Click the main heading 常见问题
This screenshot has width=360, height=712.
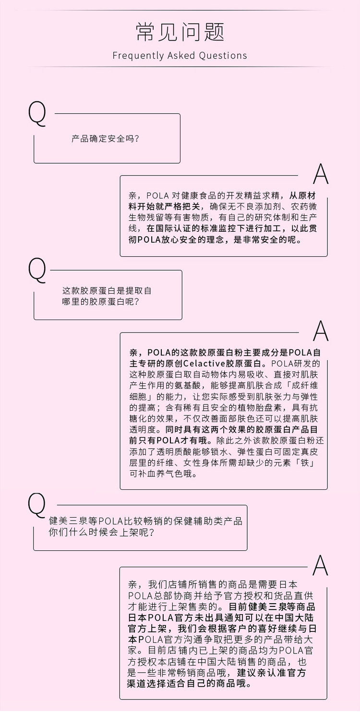tap(180, 33)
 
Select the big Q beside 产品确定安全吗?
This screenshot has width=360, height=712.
tap(37, 114)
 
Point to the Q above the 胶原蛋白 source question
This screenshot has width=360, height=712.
tap(37, 270)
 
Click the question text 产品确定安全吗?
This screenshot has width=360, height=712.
tap(106, 139)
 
